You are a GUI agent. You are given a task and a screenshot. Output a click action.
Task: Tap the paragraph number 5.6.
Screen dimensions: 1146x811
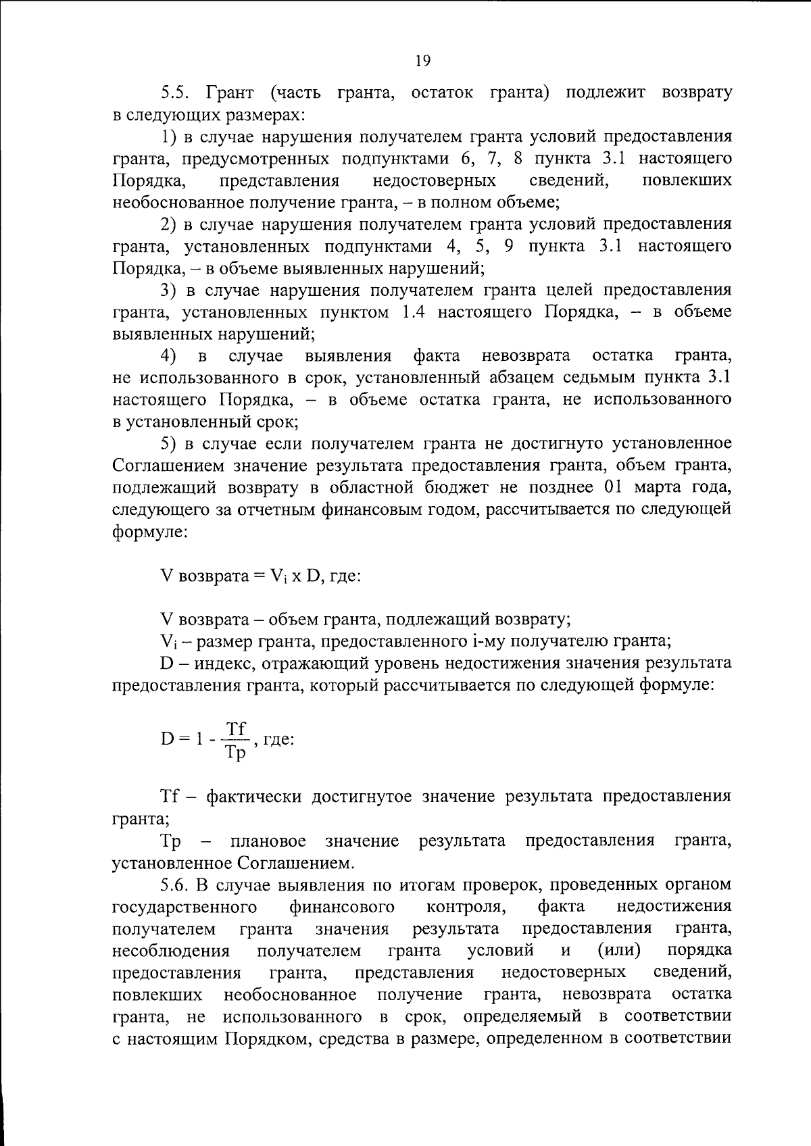pyautogui.click(x=178, y=885)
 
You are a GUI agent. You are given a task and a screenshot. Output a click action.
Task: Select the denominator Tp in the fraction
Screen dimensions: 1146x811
pyautogui.click(x=236, y=752)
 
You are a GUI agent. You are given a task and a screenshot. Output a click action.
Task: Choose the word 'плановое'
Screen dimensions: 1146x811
pyautogui.click(x=268, y=841)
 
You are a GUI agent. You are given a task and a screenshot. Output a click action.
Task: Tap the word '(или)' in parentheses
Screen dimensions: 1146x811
pyautogui.click(x=620, y=951)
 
